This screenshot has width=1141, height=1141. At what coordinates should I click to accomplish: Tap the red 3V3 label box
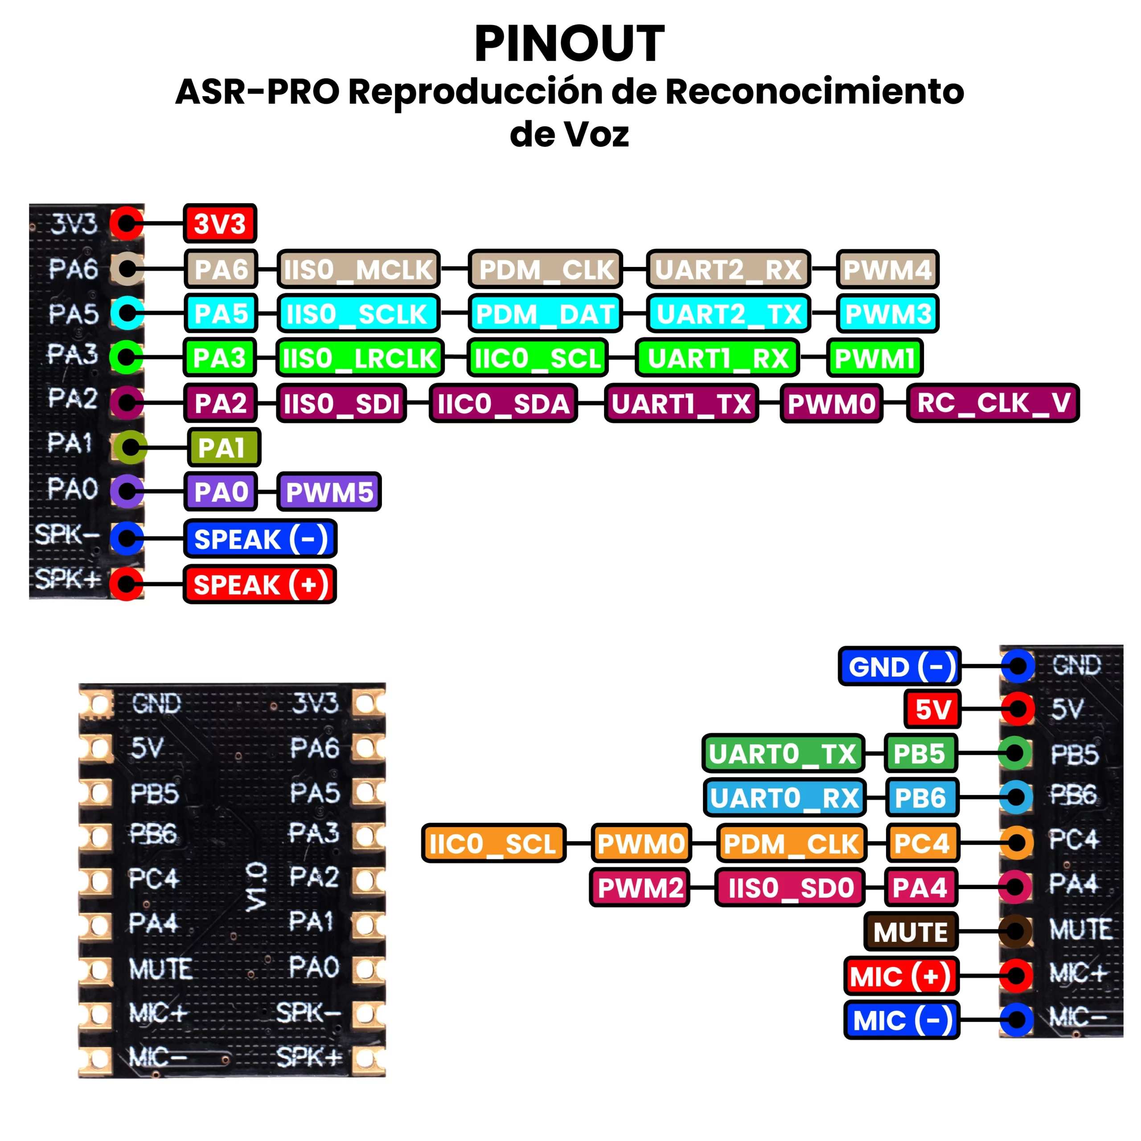[x=220, y=224]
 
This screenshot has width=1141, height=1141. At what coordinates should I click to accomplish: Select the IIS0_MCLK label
[x=358, y=269]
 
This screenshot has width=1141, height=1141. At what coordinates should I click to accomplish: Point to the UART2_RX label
[x=728, y=269]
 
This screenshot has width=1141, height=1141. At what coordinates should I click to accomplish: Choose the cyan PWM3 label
[x=888, y=314]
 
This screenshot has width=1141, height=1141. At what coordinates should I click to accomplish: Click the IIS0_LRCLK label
[x=360, y=358]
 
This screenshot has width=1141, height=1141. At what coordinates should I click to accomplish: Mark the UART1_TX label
[x=681, y=403]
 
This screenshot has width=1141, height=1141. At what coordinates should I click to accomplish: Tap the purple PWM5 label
[x=329, y=491]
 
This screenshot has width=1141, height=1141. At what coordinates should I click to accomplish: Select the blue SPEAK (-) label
[x=260, y=538]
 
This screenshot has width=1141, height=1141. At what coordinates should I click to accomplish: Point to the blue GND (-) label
[x=899, y=666]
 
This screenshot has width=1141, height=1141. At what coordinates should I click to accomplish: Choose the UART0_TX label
[x=783, y=754]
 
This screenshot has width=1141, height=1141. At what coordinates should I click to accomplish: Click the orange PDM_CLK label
[x=792, y=843]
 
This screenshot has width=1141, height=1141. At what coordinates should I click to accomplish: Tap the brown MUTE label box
[x=911, y=932]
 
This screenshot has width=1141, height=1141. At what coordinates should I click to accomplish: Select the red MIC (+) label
[x=901, y=976]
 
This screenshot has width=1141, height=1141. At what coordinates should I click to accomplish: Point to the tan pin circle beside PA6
[x=127, y=269]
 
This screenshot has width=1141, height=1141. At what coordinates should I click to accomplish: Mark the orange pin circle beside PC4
[x=1016, y=843]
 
